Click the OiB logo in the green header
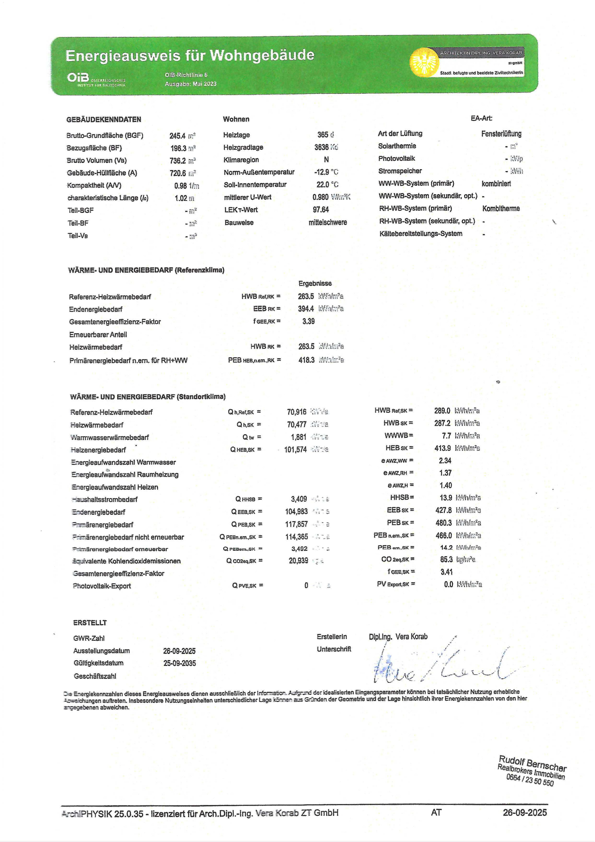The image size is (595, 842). pyautogui.click(x=78, y=78)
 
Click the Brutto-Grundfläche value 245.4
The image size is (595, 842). pyautogui.click(x=177, y=136)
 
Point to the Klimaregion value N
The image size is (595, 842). pyautogui.click(x=326, y=159)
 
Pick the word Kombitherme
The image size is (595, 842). pyautogui.click(x=501, y=209)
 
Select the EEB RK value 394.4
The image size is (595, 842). pyautogui.click(x=306, y=309)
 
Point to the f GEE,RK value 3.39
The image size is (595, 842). pyautogui.click(x=309, y=321)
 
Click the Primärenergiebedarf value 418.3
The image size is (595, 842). pyautogui.click(x=306, y=360)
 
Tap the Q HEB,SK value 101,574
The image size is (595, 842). pyautogui.click(x=295, y=450)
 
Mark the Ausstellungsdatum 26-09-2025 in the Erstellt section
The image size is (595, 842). pyautogui.click(x=179, y=651)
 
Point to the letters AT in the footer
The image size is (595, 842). pyautogui.click(x=436, y=813)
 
